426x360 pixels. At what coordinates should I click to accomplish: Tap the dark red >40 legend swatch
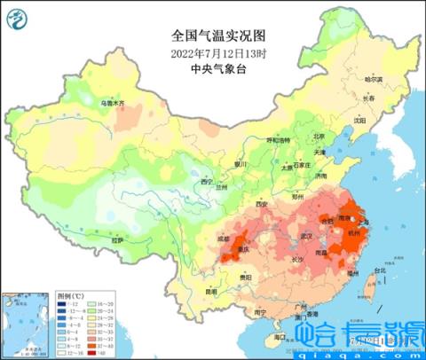click(93, 352)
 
